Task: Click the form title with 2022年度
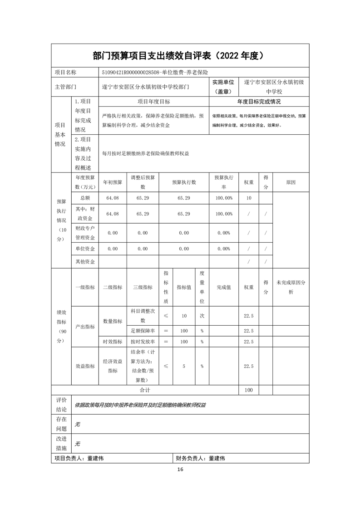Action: tap(180, 56)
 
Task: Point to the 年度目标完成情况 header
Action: tap(259, 102)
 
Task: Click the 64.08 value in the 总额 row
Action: tap(112, 198)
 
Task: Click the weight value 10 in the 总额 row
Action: tap(248, 198)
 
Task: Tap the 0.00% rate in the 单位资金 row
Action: tap(224, 249)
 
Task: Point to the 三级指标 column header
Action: tap(143, 287)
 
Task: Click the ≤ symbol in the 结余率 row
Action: tap(166, 366)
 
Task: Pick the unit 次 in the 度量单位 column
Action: tap(202, 316)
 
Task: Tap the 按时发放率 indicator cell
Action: tap(143, 342)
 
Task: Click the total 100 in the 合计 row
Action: tap(248, 390)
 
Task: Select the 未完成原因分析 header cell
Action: tap(291, 287)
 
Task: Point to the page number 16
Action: tap(180, 469)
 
